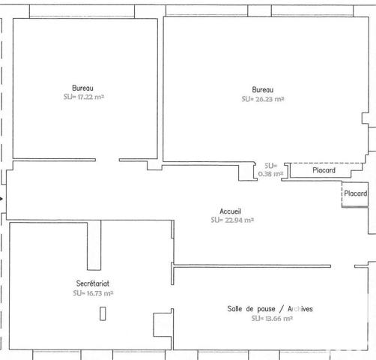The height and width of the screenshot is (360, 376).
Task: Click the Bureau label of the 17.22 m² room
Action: click(x=83, y=87)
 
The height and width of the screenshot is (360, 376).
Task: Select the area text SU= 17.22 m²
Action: click(x=83, y=97)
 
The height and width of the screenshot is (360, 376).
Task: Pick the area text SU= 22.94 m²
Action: click(x=231, y=220)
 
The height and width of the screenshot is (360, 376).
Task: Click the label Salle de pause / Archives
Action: click(x=270, y=309)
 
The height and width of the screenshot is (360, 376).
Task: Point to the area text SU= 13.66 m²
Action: click(x=271, y=319)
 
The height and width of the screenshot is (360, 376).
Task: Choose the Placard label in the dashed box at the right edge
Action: click(x=356, y=193)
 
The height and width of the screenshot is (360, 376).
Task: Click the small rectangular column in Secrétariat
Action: click(x=102, y=315)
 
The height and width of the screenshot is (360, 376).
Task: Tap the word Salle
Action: click(x=236, y=309)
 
